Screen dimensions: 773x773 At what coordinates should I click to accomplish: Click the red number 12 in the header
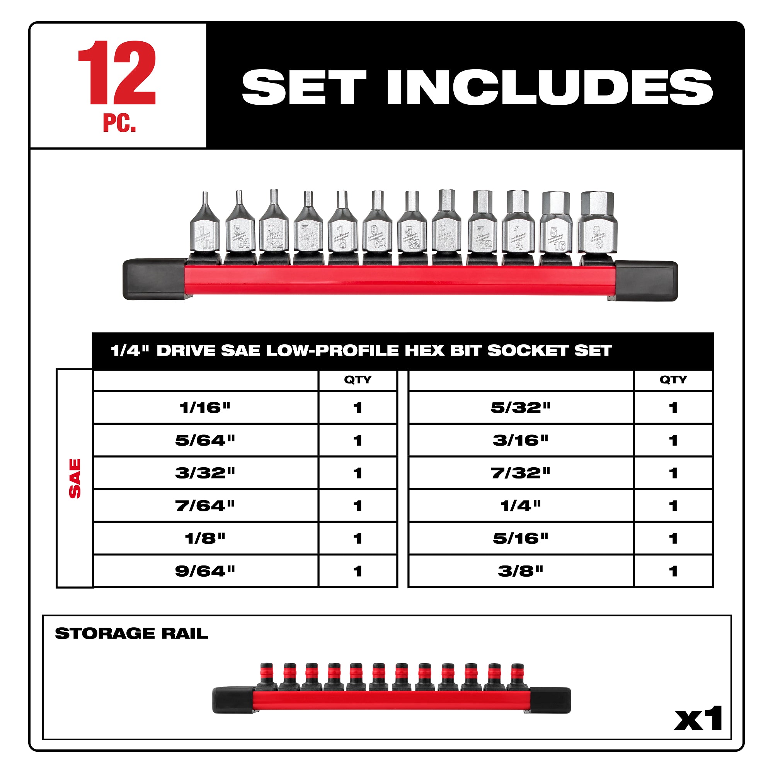coord(117,73)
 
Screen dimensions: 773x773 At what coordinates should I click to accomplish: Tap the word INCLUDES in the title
coord(550,87)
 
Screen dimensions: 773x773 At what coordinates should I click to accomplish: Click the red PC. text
coord(119,123)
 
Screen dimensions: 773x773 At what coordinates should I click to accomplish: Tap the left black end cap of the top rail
coord(154,279)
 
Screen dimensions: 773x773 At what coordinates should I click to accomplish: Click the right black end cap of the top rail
coord(646,281)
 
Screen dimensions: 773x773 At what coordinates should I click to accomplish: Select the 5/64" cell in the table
coord(205,441)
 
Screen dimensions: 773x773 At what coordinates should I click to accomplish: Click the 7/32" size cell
coord(521,473)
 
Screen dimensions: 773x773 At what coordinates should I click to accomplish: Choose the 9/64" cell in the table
coord(205,571)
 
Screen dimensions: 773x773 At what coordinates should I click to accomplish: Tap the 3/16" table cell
coord(521,441)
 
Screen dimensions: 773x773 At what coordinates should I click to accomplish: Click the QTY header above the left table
coord(358,380)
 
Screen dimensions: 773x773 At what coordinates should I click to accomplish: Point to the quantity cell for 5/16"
coord(673,538)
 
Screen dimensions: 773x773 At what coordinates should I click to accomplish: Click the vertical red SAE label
coord(75,478)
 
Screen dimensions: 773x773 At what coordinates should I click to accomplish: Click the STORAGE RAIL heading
coord(131,633)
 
